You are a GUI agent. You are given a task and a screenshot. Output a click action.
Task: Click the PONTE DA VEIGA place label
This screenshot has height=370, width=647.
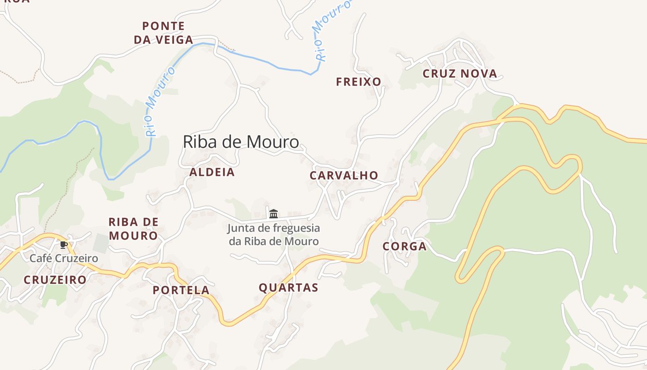point(164,33)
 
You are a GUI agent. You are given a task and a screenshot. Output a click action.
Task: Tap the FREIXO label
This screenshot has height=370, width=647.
point(359,82)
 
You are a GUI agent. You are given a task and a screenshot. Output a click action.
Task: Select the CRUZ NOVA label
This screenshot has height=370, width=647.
point(460,74)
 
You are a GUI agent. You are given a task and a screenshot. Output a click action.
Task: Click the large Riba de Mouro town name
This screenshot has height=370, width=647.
point(241,142)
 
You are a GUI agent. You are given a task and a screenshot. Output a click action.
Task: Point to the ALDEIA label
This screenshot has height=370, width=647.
point(212,172)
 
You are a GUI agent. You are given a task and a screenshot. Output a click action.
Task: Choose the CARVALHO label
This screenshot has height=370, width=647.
point(344,175)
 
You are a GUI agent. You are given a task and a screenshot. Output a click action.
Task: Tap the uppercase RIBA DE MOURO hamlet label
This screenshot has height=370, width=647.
point(133,228)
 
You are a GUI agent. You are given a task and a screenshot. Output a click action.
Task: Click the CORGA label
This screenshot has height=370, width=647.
point(404,247)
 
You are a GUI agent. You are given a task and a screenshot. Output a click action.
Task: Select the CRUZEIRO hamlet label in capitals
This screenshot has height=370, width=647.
point(55,280)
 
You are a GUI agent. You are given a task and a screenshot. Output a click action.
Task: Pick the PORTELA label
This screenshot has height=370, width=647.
point(181,290)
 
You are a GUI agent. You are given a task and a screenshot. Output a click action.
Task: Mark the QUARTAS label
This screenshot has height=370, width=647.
point(288,288)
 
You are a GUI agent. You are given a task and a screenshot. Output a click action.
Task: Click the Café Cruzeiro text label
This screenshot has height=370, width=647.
point(64,258)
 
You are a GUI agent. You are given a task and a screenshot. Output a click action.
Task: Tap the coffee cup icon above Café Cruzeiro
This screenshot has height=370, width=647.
point(64,245)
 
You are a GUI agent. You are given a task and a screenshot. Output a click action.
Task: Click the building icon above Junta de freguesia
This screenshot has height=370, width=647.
point(274,214)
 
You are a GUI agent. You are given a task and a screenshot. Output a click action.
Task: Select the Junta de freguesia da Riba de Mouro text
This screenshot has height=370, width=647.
point(274,234)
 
